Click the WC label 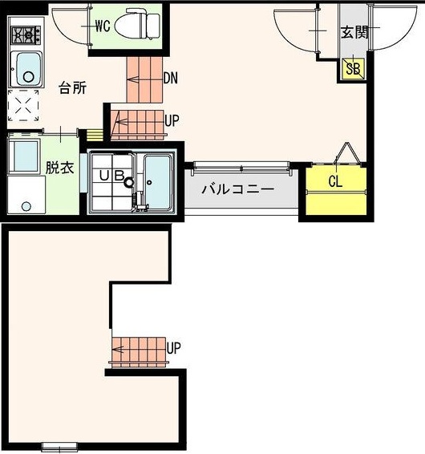point(102,26)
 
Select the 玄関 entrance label point(353,33)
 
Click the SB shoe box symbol point(353,69)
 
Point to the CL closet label point(335,181)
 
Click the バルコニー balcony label point(237,190)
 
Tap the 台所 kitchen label point(73,88)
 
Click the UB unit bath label point(111,175)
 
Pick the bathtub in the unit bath point(157,182)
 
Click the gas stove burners point(25,36)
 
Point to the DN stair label point(170,79)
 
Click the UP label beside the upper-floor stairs point(172,120)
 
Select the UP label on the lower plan point(174,348)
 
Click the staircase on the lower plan point(138,350)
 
